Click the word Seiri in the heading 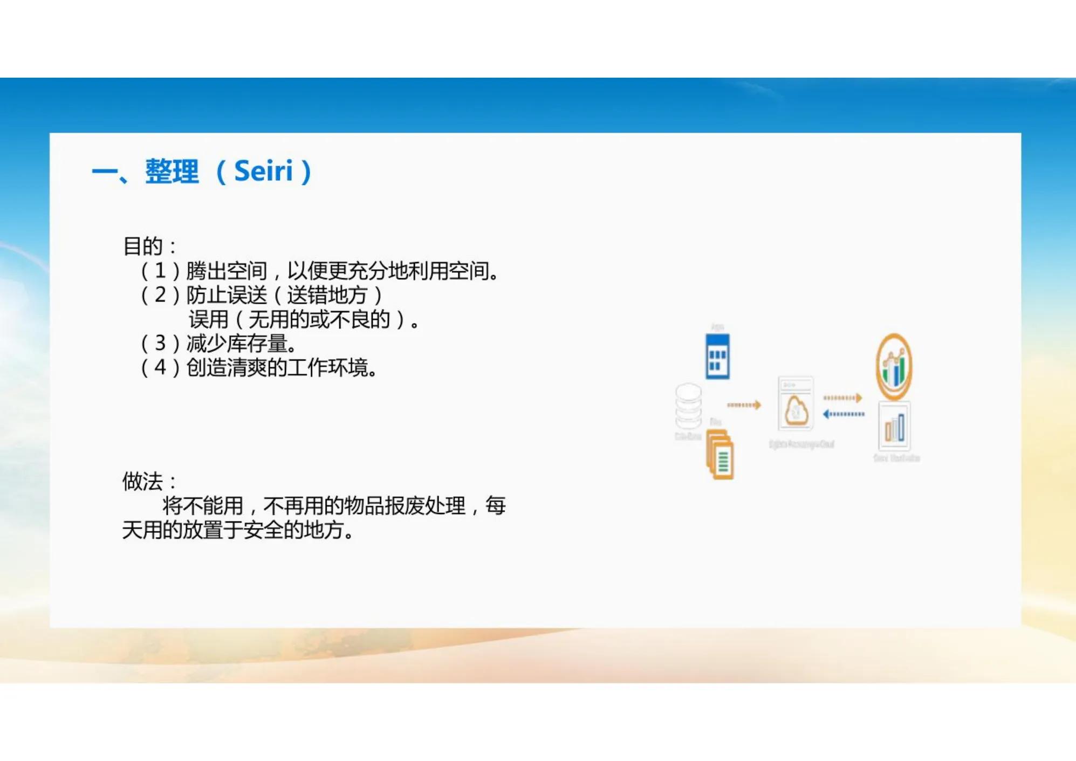tap(263, 172)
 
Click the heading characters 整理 tap(172, 172)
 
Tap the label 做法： tap(149, 482)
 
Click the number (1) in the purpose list tap(160, 271)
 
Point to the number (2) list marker tap(160, 295)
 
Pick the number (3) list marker tap(160, 343)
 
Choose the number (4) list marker tap(160, 367)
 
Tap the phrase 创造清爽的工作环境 tap(277, 367)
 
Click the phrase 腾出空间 tap(227, 271)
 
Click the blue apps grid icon tap(717, 356)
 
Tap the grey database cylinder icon tap(689, 406)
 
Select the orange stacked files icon tap(721, 455)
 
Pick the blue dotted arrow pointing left tap(843, 414)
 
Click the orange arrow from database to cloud tap(744, 405)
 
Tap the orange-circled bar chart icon tap(894, 366)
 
